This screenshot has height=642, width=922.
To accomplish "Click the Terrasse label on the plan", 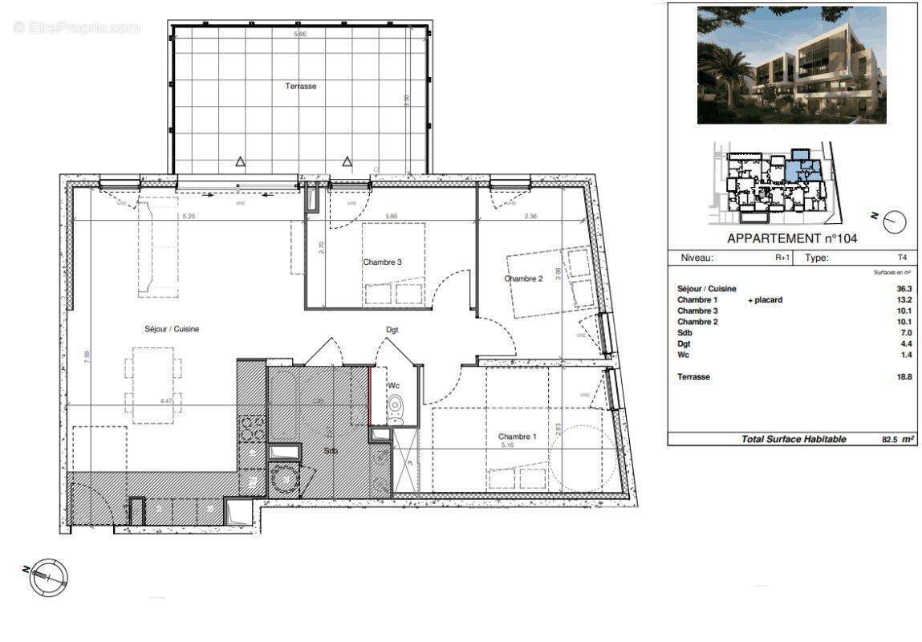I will point(301,86).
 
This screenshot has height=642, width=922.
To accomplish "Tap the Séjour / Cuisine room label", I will point(172,329).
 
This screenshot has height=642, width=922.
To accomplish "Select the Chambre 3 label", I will point(382,262).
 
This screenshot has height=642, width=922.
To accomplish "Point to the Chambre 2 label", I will point(523,279).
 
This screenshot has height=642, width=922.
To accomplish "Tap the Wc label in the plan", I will point(394,386).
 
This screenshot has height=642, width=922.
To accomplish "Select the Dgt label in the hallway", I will point(392,330).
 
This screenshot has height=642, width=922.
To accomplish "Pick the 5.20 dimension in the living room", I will point(189,216).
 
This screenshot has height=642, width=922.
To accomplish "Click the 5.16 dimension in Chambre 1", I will point(507,445).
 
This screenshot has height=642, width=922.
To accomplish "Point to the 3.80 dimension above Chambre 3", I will point(391,216).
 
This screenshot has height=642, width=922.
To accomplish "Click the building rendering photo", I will point(791,65).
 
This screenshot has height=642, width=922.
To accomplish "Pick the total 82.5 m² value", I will point(891,439).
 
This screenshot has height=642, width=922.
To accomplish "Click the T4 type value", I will point(903,258).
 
